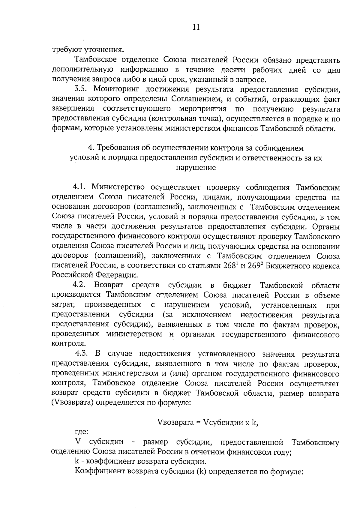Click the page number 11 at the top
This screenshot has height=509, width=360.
tap(195, 27)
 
